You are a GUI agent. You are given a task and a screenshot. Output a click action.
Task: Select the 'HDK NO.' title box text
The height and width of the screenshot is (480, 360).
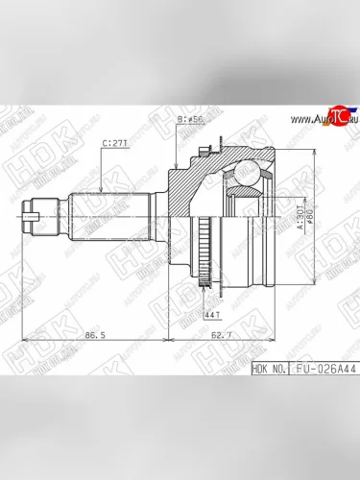click(x=269, y=367)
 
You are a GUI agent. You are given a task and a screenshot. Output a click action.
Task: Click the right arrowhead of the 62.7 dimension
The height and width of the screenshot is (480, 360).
click(x=284, y=335)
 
